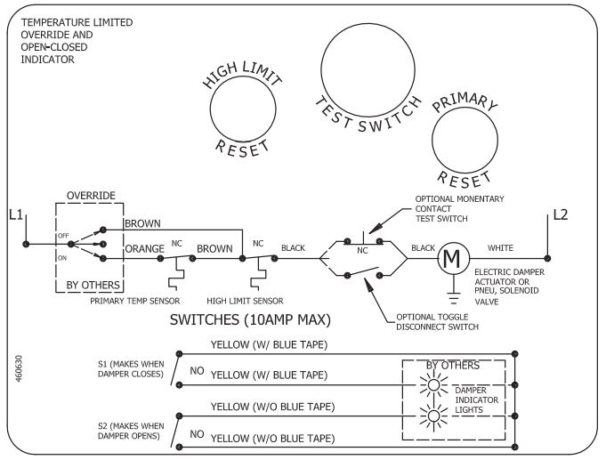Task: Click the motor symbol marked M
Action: tap(453, 259)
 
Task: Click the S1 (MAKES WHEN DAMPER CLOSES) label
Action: tap(131, 368)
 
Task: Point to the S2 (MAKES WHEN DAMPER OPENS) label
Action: tap(131, 431)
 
